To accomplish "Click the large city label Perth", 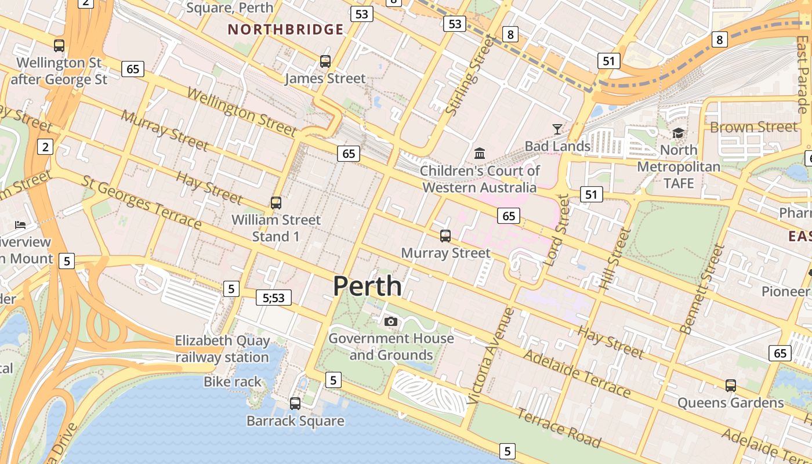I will (x=367, y=286).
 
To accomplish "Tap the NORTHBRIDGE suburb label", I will (x=285, y=30).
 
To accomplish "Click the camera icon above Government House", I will (x=391, y=321).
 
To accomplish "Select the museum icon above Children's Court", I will (x=480, y=153).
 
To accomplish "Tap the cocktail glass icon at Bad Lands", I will (x=557, y=129).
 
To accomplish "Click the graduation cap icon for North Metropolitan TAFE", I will (x=678, y=133).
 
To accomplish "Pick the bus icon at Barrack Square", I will (x=295, y=403).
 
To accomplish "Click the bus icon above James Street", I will (x=325, y=61).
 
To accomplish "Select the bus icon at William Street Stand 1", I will (x=276, y=203).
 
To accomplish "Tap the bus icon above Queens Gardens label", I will (x=731, y=385).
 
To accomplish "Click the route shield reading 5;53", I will (x=274, y=298).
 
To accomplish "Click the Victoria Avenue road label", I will (x=491, y=355).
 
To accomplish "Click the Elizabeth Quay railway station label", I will (x=222, y=349).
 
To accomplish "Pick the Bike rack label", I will (x=233, y=382).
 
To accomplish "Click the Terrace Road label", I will (x=559, y=428).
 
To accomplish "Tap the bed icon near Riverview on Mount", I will (x=20, y=224).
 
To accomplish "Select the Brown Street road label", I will (x=753, y=126).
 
